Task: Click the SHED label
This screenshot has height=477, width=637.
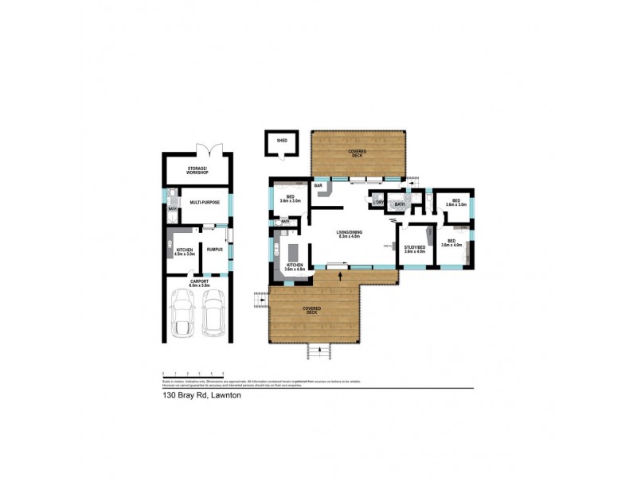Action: [281, 141]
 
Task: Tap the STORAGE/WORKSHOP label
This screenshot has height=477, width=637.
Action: [197, 170]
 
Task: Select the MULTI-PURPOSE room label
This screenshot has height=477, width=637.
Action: [205, 203]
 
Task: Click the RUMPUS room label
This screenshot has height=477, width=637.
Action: [214, 250]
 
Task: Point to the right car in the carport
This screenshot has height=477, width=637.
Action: [213, 312]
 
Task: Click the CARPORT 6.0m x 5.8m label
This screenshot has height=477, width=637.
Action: [199, 283]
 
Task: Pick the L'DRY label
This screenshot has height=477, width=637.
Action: [379, 202]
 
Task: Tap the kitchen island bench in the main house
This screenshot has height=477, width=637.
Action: [292, 253]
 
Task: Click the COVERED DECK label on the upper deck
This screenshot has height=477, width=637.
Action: [357, 152]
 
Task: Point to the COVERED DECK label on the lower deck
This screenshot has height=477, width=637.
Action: [312, 309]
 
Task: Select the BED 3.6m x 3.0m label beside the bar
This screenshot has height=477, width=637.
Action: [290, 199]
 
